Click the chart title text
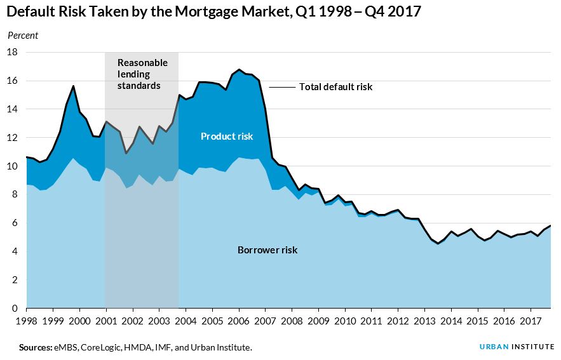pos(214,12)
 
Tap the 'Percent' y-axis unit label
pos(23,36)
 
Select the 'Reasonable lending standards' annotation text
pos(142,74)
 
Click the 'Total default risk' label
pos(335,87)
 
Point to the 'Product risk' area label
pos(227,137)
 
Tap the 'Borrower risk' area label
pos(267,250)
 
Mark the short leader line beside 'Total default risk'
pos(283,87)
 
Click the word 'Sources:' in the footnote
pos(35,347)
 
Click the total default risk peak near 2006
pos(239,70)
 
